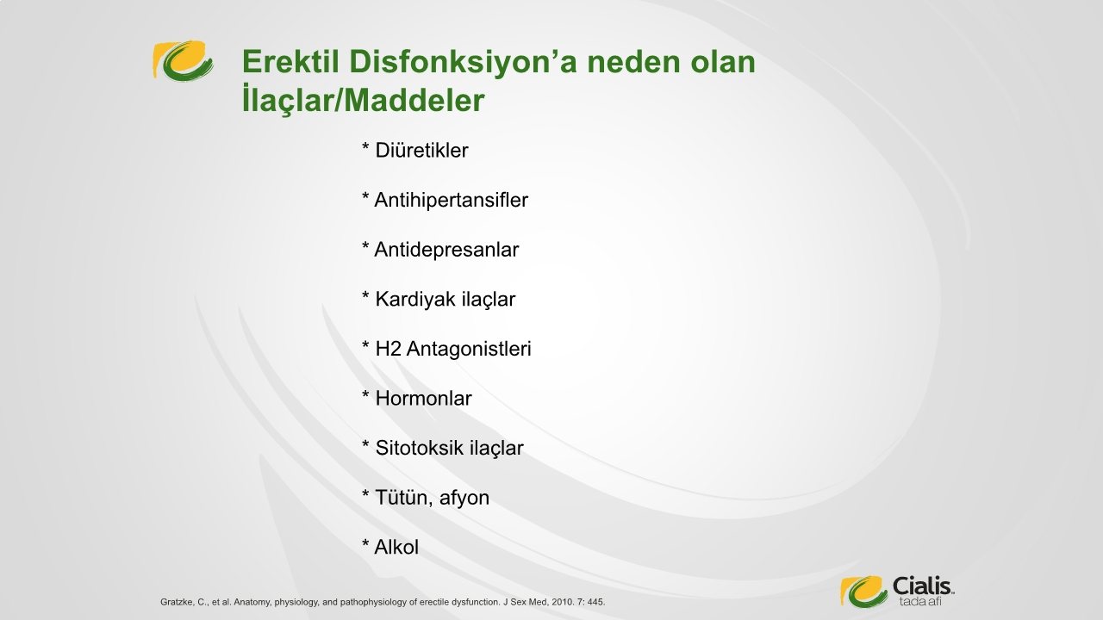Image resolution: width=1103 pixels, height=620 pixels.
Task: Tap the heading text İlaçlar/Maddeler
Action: pos(364,99)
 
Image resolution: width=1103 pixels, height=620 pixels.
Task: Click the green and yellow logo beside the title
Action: pos(183,60)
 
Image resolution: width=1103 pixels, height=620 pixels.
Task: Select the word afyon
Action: pos(464,499)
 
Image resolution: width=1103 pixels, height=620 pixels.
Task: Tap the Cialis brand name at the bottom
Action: pos(922,586)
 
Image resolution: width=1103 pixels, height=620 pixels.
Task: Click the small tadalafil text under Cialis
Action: pos(920,602)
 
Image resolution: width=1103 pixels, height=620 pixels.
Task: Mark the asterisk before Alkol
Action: pos(365,542)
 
